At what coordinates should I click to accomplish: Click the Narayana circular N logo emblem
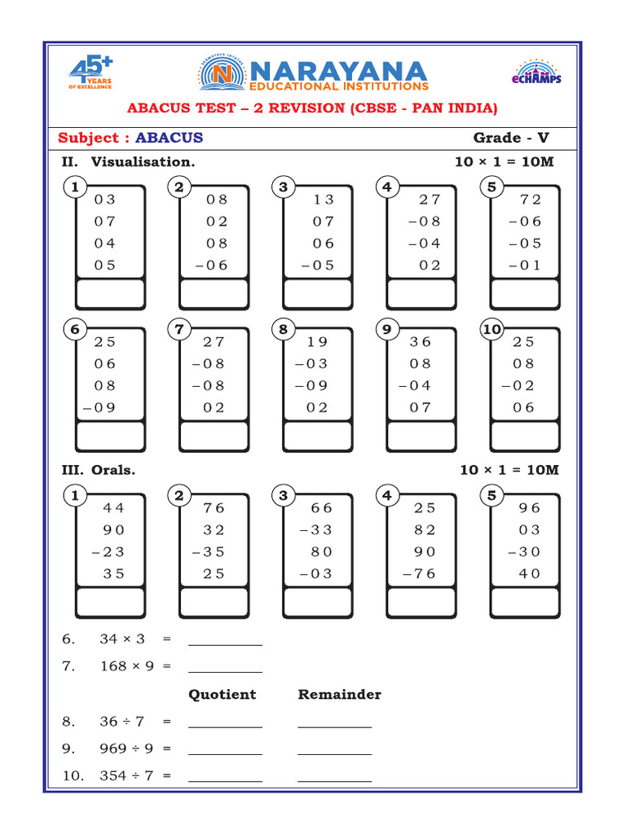(x=217, y=75)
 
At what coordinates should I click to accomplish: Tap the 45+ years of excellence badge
(x=90, y=73)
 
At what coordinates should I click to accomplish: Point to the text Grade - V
(x=511, y=138)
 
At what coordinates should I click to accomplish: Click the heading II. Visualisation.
(x=129, y=161)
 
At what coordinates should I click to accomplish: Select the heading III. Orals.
(x=99, y=470)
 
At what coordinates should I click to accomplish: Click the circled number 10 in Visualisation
(x=492, y=330)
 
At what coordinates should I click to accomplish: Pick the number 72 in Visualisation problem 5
(x=530, y=200)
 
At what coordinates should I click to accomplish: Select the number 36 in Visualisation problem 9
(x=421, y=342)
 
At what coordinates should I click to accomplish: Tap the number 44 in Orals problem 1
(x=114, y=508)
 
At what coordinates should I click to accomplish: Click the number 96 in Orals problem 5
(x=530, y=508)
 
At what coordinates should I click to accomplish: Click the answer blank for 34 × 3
(x=225, y=640)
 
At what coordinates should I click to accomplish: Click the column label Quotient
(x=222, y=695)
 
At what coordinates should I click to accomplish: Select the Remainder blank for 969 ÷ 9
(x=334, y=749)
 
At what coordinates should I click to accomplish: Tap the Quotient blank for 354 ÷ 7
(x=225, y=777)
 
